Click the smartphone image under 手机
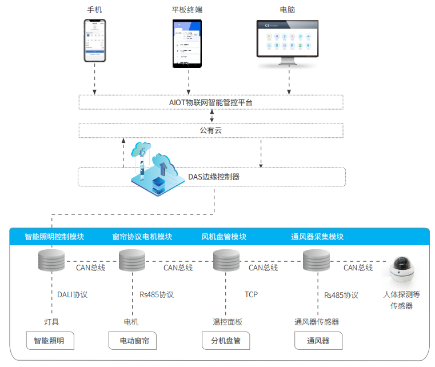tap(95, 41)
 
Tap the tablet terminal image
tap(187, 43)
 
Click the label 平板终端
tap(187, 10)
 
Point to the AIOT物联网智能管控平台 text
tap(210, 102)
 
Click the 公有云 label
tap(210, 131)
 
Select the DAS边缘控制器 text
tap(214, 177)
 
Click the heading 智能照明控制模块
tap(55, 237)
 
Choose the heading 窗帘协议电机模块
tap(142, 237)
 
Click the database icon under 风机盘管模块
tap(226, 261)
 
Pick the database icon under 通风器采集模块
tap(316, 261)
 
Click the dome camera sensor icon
tap(405, 270)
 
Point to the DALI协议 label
tap(72, 295)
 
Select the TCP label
tap(251, 294)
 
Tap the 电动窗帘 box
tap(134, 341)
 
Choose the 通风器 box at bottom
tap(318, 341)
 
